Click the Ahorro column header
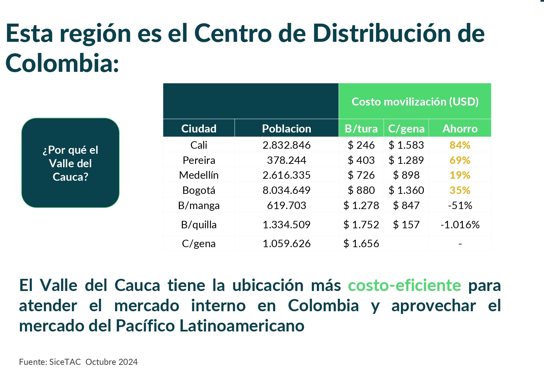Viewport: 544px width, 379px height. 460,128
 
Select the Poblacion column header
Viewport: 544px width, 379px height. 287,128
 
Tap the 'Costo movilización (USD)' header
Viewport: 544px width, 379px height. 415,101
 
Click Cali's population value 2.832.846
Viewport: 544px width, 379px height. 287,145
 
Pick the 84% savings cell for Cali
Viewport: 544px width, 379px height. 460,145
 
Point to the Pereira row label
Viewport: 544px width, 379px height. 199,160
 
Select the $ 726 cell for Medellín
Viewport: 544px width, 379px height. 361,175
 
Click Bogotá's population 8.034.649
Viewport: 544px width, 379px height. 287,190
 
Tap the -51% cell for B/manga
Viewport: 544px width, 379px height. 460,205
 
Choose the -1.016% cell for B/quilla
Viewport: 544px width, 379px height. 460,225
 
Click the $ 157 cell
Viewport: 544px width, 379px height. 406,225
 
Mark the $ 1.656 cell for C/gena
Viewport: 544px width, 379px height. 361,243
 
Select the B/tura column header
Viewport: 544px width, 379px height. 361,128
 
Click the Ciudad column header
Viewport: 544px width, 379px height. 199,128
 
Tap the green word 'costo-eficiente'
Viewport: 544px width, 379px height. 404,286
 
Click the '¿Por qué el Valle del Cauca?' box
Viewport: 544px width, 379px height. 71,163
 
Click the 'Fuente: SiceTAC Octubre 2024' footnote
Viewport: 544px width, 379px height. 78,362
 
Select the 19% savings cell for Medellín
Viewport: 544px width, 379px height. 460,175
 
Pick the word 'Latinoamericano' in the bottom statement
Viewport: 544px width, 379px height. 242,326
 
